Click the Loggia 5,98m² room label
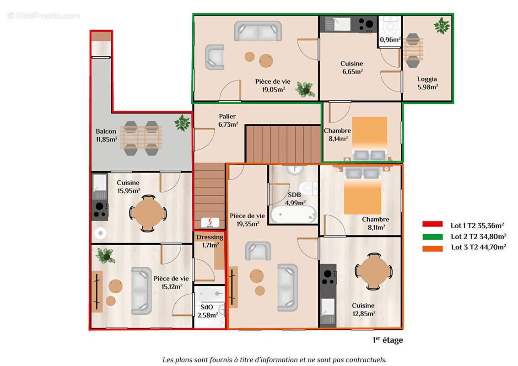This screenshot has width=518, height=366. coord(427,82)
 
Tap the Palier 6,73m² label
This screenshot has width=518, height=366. coord(228,120)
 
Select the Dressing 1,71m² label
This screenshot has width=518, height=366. coord(210,241)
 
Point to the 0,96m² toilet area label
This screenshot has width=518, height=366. coord(390,39)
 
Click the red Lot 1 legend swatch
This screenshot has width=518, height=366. coord(432,224)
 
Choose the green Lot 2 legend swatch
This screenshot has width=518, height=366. coord(432,237)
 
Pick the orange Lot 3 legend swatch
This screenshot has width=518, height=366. coord(432,248)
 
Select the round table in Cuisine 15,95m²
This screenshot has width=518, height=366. coord(148,213)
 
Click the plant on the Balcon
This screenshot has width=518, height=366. coord(182,123)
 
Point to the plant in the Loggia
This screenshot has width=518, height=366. coord(442,26)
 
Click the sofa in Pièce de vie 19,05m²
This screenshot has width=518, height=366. coord(258,31)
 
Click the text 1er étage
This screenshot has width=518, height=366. coord(388,340)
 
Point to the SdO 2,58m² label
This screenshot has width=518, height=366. coord(206,311)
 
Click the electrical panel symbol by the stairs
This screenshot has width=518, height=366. coord(210,221)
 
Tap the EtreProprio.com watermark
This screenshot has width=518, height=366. coord(43,16)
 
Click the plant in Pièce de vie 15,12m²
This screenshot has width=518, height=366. coord(106,255)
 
